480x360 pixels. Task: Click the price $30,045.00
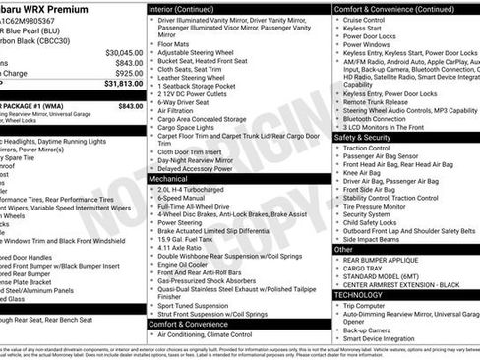pyautogui.click(x=122, y=51)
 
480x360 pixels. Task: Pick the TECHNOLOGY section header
pyautogui.click(x=358, y=294)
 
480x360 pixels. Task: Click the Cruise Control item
pyautogui.click(x=365, y=19)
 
